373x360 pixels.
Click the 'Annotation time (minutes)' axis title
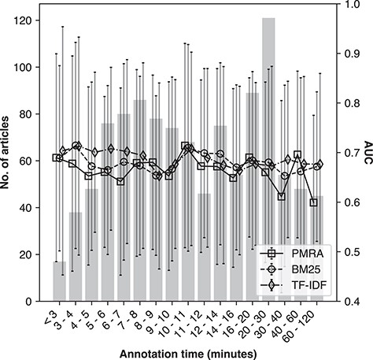pyautogui.click(x=186, y=351)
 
